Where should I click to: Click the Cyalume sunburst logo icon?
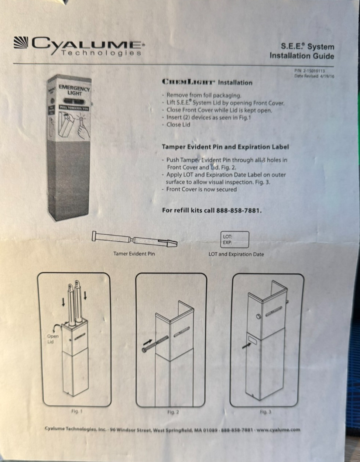coord(21,42)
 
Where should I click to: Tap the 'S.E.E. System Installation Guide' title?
coord(302,51)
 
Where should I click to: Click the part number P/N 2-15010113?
coord(309,71)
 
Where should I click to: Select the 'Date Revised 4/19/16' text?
coord(314,76)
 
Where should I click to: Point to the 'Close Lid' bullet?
coord(176,125)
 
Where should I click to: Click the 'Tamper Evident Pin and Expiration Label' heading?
coord(225,147)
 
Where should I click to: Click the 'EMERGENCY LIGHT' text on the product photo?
coord(74,90)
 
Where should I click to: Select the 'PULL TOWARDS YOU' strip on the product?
coord(74,108)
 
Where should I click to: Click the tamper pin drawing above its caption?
coord(135,240)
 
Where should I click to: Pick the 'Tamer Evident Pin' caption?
coord(134,254)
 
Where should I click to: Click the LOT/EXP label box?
coord(234,239)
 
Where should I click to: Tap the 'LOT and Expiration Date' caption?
coord(236,254)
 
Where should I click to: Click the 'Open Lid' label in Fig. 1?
coord(53,339)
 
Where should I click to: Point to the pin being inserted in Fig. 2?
coord(155,344)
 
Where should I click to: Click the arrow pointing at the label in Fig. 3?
coord(246,346)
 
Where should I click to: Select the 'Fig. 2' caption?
coord(173,412)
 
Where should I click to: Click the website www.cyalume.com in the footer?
coord(278,430)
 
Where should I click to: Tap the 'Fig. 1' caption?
coord(77,411)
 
